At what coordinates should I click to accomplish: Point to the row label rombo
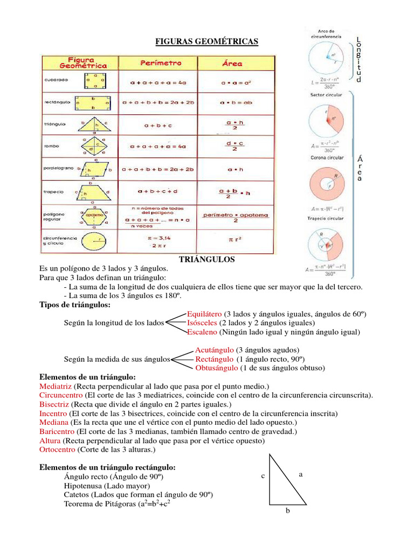click(x=52, y=146)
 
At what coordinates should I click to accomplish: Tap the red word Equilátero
click(x=205, y=313)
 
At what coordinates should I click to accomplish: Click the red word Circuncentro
click(x=61, y=395)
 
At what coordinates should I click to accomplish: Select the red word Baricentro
click(x=58, y=432)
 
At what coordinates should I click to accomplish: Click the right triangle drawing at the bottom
click(x=283, y=482)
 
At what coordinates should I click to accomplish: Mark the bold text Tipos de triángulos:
click(x=75, y=305)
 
